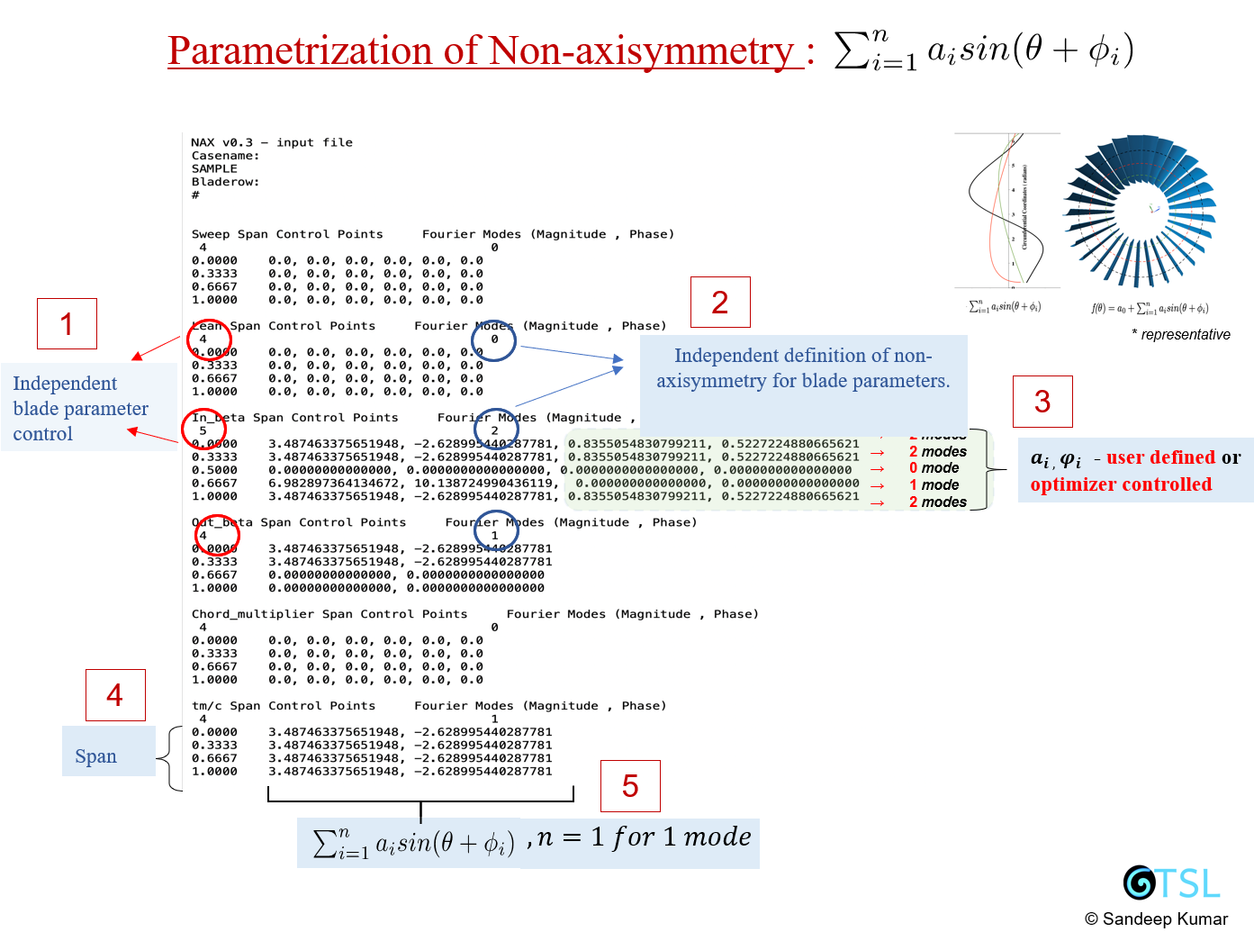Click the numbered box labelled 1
pos(67,324)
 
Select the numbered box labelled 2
pos(719,303)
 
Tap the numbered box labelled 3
pos(1042,402)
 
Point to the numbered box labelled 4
pos(114,695)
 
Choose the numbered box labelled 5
pos(630,786)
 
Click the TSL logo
pos(1171,882)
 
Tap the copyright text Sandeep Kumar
pos(1156,918)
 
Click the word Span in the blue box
pos(95,756)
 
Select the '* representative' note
pos(1181,334)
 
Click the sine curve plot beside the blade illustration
pos(1006,211)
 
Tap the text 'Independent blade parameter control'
pos(80,408)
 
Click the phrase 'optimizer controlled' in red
pos(1121,484)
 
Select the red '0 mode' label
pos(934,468)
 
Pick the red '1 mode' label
pos(934,485)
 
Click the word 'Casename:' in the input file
pos(225,156)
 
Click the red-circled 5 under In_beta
pos(203,430)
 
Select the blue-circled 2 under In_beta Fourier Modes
pos(494,430)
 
